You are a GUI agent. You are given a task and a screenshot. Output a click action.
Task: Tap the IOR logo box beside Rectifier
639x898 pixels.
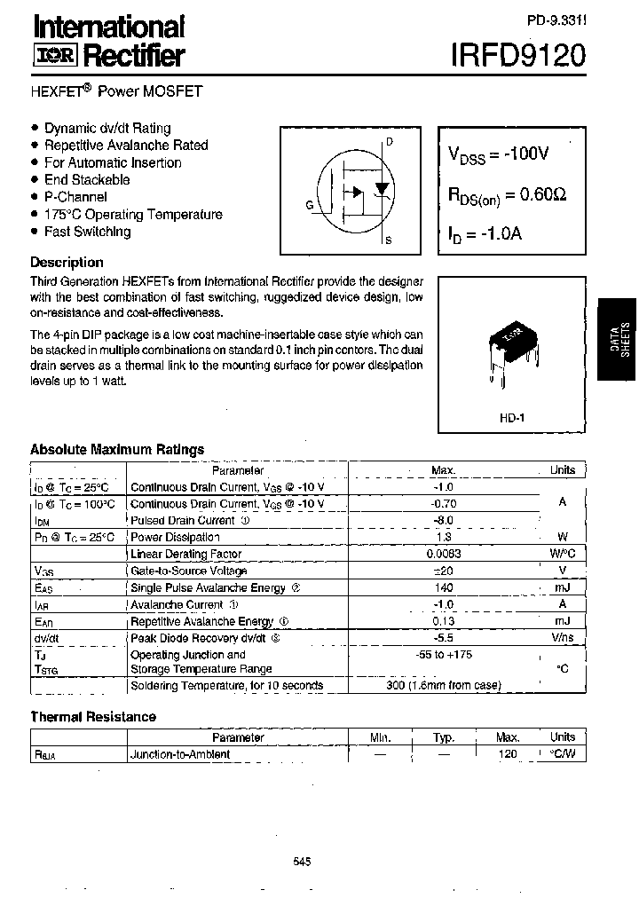click(x=56, y=56)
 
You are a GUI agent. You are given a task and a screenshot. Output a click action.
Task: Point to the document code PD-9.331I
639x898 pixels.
click(x=556, y=18)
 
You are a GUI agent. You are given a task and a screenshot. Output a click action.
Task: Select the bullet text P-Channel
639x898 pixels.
click(x=75, y=197)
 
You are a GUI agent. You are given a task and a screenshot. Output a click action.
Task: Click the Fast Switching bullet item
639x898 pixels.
click(x=87, y=232)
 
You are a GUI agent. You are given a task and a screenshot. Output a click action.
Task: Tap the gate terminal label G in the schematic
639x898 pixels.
click(x=310, y=205)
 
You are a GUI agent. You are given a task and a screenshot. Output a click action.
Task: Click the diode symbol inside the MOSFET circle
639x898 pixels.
click(x=382, y=189)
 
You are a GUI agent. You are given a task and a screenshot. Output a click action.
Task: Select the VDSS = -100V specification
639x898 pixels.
click(x=499, y=154)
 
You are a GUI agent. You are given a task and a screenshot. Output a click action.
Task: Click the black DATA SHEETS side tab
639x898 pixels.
click(x=619, y=338)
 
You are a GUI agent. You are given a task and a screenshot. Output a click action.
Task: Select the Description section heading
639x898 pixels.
click(x=67, y=263)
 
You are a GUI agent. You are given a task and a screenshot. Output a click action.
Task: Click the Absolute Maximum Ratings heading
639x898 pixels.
click(x=117, y=450)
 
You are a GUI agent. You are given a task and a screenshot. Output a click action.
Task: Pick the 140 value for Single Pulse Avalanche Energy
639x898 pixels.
click(x=444, y=587)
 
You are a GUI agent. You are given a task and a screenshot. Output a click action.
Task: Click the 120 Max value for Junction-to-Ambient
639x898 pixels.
click(x=508, y=754)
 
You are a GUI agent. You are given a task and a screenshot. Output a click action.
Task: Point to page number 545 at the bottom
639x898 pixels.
click(x=302, y=861)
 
